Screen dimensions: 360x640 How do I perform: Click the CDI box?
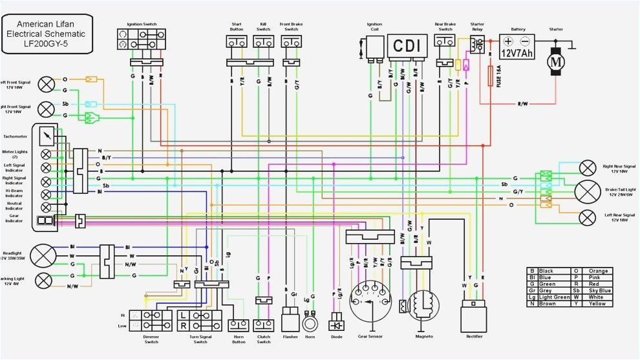click(x=407, y=46)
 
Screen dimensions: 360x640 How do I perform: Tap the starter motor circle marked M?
click(x=556, y=61)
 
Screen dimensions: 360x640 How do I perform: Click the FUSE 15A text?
click(x=498, y=77)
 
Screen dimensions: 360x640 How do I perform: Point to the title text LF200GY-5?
click(x=46, y=43)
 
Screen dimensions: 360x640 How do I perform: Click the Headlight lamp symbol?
click(x=43, y=255)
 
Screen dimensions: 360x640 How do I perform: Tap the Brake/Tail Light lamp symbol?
click(x=587, y=191)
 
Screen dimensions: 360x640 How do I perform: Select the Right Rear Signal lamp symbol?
click(x=587, y=168)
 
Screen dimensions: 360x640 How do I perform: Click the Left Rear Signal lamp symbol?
click(x=587, y=217)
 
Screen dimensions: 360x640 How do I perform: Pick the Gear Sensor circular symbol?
click(x=370, y=301)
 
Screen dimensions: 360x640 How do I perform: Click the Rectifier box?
click(x=473, y=318)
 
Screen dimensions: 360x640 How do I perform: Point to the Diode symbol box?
click(x=336, y=320)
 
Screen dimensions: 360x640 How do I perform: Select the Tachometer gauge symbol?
click(x=47, y=136)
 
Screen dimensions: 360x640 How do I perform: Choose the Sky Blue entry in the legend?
click(x=598, y=290)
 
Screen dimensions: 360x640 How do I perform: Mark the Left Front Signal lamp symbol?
click(x=47, y=85)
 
